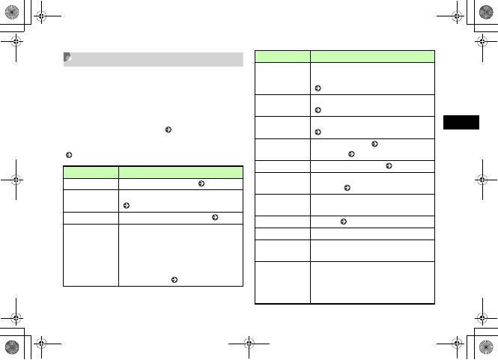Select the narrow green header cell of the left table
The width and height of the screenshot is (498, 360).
[x=91, y=171]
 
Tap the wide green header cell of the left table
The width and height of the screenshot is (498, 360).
[x=180, y=171]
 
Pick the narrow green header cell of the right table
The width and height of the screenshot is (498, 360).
[x=282, y=55]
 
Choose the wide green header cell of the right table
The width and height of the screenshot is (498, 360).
[x=372, y=55]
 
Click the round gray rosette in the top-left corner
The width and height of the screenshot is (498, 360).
[x=12, y=10]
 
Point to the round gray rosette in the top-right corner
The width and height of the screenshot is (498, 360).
[x=486, y=10]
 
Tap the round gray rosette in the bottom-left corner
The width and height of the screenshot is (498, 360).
[x=12, y=349]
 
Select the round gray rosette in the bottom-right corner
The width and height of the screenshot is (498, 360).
[x=486, y=349]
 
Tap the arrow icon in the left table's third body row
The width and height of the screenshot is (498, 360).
[x=215, y=217]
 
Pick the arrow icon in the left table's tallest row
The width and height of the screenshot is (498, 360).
[x=174, y=280]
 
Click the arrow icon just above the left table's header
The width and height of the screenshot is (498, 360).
[x=68, y=155]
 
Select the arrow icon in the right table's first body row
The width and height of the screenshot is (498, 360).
[x=318, y=88]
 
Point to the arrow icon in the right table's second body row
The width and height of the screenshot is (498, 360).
[x=318, y=111]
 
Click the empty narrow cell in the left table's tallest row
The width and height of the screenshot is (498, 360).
[x=91, y=254]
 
